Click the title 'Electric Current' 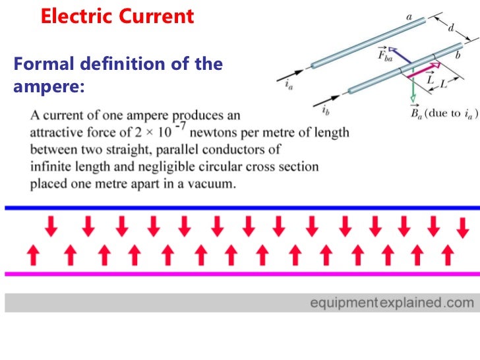point(118,16)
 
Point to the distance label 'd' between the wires point(450,29)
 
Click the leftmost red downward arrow point(51,227)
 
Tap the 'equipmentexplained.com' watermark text point(392,303)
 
